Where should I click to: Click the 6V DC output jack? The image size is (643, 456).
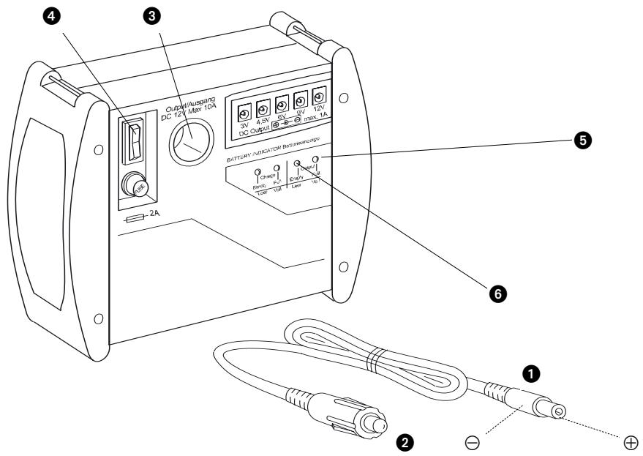point(281,105)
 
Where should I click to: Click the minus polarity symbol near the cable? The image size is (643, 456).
point(473,441)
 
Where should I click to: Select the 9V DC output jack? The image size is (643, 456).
point(300,101)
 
